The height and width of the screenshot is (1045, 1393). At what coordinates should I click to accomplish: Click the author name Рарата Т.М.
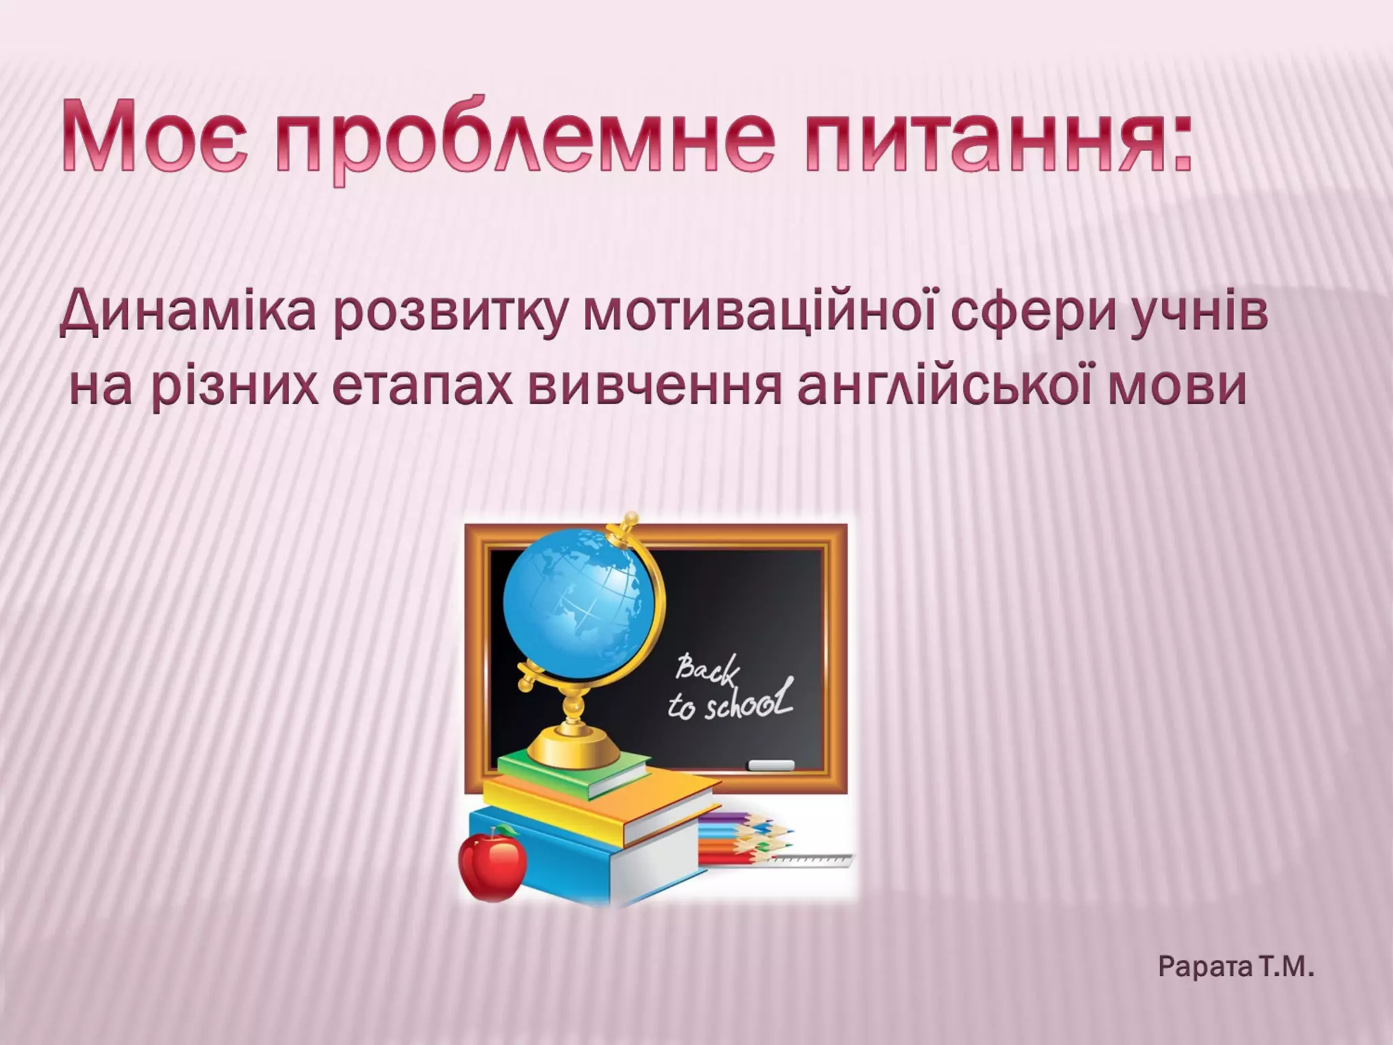coord(1235,967)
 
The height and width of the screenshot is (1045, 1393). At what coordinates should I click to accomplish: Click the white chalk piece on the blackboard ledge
coord(771,765)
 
